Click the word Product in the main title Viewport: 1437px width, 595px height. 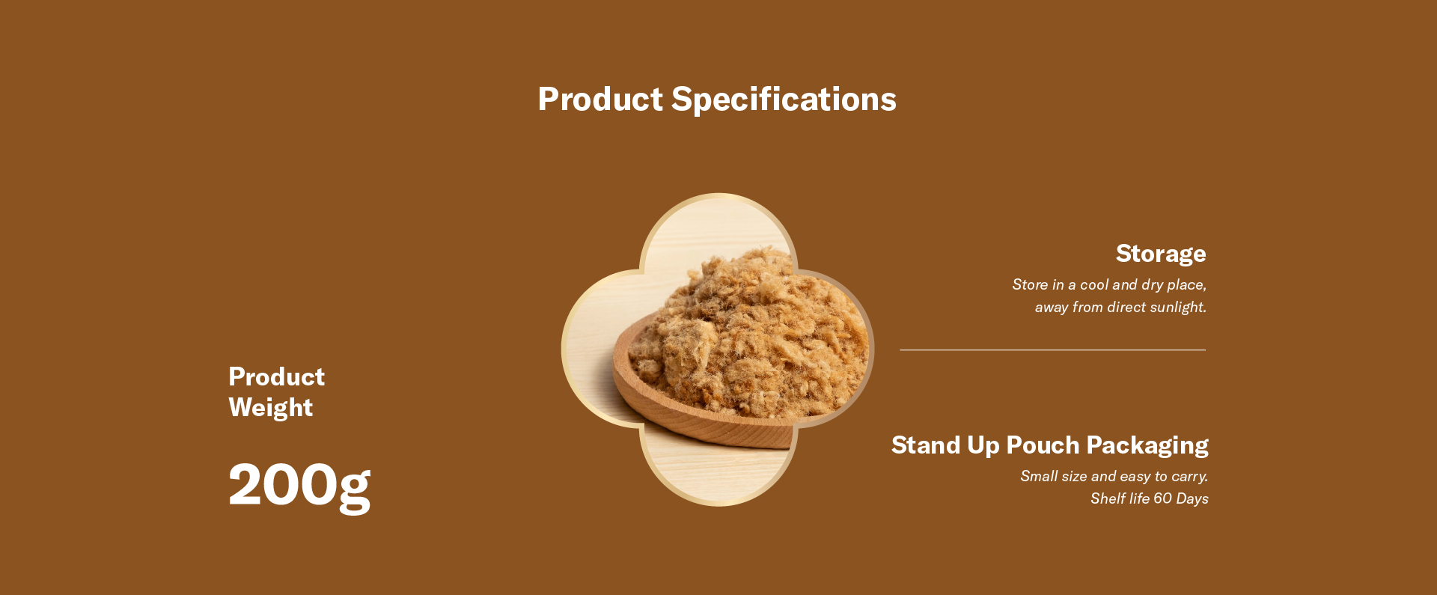pyautogui.click(x=600, y=100)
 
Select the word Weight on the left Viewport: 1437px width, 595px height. pyautogui.click(x=271, y=408)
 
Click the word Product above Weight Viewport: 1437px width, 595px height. pyautogui.click(x=277, y=376)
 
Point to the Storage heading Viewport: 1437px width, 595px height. pyautogui.click(x=1161, y=254)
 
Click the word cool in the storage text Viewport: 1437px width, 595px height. pyautogui.click(x=1094, y=284)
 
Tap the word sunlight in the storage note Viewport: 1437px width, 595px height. pyautogui.click(x=1178, y=308)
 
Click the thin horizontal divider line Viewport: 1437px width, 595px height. pyautogui.click(x=1052, y=350)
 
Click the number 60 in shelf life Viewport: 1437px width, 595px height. pyautogui.click(x=1162, y=498)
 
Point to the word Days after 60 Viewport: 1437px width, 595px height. pyautogui.click(x=1192, y=499)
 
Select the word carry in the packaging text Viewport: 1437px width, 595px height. pyautogui.click(x=1190, y=477)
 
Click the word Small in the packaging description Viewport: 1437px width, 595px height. pyautogui.click(x=1039, y=476)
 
